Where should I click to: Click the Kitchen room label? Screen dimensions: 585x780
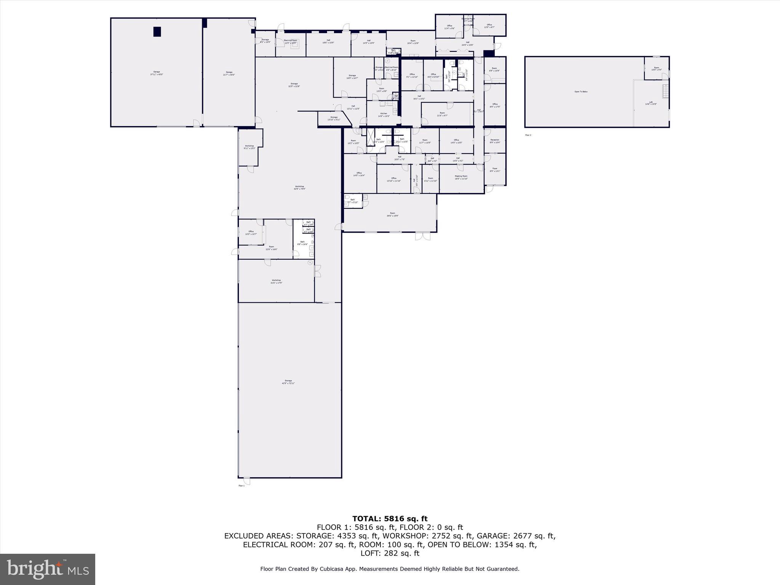384,115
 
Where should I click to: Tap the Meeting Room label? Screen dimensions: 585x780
461,177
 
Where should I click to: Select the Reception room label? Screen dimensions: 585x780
495,141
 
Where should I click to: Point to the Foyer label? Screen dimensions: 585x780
495,169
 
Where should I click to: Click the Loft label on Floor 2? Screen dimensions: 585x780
651,103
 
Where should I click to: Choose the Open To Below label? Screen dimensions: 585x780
581,92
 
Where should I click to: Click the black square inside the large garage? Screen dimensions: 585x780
157,32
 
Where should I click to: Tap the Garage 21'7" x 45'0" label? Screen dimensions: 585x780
229,73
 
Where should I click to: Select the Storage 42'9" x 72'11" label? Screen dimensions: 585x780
288,382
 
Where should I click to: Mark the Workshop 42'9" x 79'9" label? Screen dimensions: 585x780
299,187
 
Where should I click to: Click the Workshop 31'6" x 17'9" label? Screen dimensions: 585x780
276,281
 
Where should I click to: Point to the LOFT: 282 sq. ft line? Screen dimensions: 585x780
390,553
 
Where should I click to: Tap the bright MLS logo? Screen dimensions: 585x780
48,569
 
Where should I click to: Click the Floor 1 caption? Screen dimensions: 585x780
241,486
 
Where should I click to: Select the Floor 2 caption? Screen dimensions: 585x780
528,135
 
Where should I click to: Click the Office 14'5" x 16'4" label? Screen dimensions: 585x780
359,174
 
